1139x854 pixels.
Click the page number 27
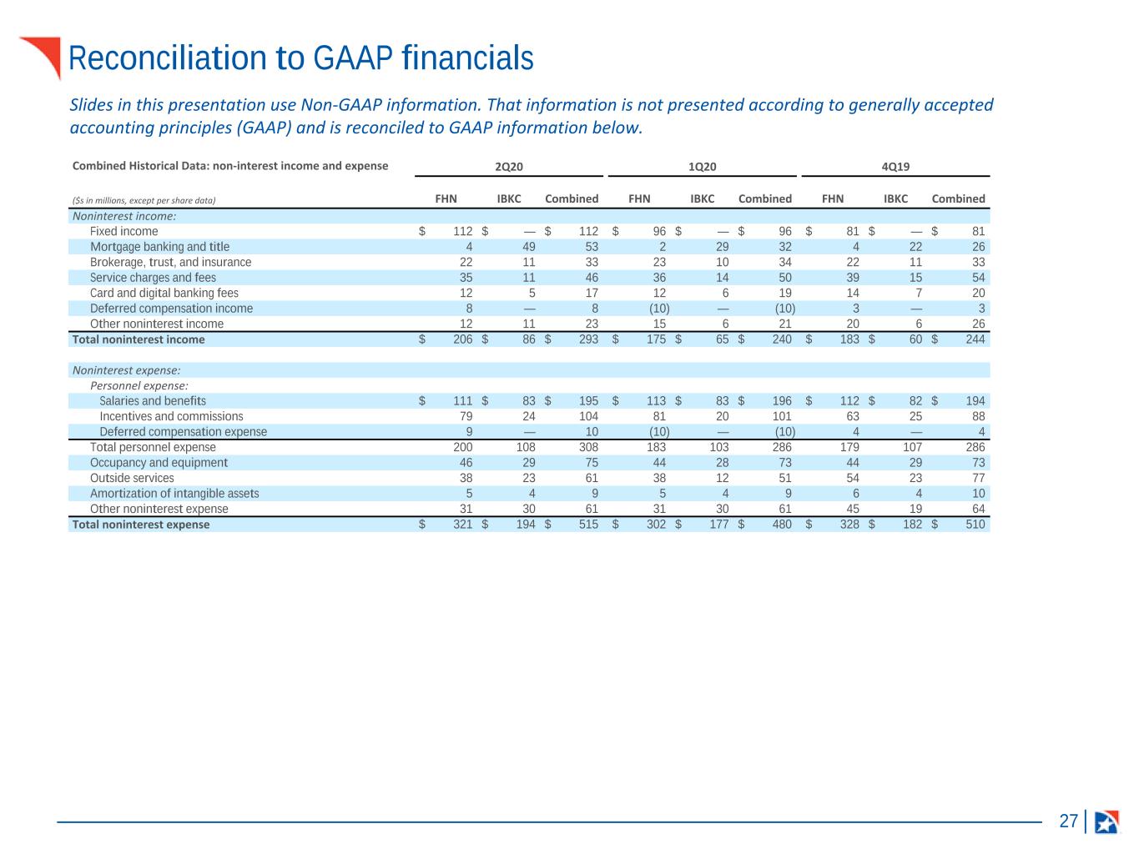click(x=1068, y=821)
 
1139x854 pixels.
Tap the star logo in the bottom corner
click(x=1106, y=821)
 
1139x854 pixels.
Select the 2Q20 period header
click(x=508, y=167)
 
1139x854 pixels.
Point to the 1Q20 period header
click(x=702, y=167)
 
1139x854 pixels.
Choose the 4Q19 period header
click(x=895, y=167)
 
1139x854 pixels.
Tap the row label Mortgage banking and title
click(x=160, y=247)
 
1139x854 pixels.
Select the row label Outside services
click(x=132, y=478)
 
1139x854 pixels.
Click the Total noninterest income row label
click(x=139, y=339)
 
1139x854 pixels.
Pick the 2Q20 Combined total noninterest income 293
click(x=588, y=339)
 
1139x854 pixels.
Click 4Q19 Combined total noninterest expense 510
click(x=975, y=525)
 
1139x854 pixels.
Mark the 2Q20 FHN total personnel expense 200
click(x=463, y=447)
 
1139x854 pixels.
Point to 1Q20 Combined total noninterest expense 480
click(x=782, y=525)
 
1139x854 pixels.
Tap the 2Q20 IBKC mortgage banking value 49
click(x=529, y=247)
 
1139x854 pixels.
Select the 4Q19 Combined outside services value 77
click(x=978, y=478)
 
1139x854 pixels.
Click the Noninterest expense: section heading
click(x=127, y=370)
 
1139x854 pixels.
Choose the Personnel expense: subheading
click(x=139, y=386)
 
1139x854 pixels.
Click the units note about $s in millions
click(x=144, y=200)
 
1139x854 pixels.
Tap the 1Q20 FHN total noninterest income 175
click(x=656, y=339)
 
